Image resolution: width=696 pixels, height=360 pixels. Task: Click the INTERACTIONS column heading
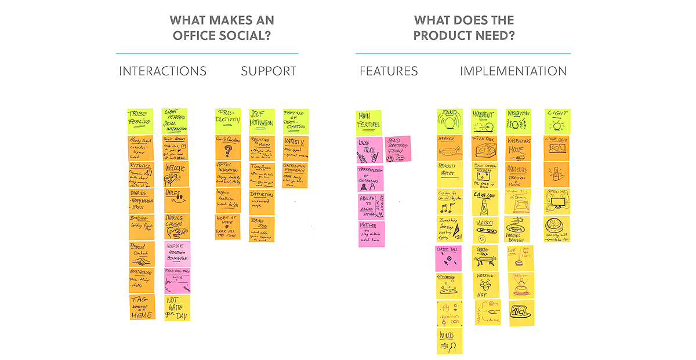pyautogui.click(x=162, y=71)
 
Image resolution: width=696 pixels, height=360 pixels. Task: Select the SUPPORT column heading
pyautogui.click(x=269, y=71)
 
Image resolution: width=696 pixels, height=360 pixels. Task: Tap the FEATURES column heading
pyautogui.click(x=389, y=71)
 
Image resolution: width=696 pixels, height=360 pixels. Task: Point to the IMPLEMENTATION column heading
pyautogui.click(x=513, y=71)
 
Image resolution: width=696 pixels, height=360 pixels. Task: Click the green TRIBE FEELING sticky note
pyautogui.click(x=140, y=121)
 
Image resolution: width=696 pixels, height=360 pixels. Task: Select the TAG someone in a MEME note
pyautogui.click(x=142, y=307)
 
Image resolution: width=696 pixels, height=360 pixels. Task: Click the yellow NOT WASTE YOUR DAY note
pyautogui.click(x=177, y=307)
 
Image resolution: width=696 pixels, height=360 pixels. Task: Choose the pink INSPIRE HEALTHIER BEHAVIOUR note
pyautogui.click(x=177, y=254)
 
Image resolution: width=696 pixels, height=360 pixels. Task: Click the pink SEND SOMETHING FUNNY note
pyautogui.click(x=397, y=149)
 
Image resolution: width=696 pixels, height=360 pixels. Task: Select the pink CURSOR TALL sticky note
pyautogui.click(x=448, y=258)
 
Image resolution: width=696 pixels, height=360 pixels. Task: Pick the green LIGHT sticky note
pyautogui.click(x=557, y=121)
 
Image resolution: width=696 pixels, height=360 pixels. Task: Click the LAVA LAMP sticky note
pyautogui.click(x=484, y=201)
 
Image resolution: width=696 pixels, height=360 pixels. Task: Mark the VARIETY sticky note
pyautogui.click(x=296, y=148)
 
